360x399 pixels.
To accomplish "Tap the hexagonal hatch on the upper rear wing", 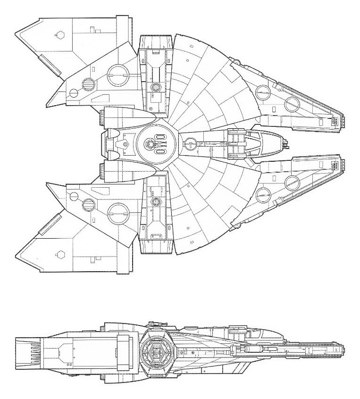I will [59, 34].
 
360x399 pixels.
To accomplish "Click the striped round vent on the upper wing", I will [88, 85].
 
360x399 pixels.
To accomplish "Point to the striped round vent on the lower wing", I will [88, 204].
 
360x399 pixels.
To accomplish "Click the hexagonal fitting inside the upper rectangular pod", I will [155, 87].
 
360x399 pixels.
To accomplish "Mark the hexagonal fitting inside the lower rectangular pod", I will [155, 202].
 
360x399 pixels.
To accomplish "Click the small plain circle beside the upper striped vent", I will [74, 93].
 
